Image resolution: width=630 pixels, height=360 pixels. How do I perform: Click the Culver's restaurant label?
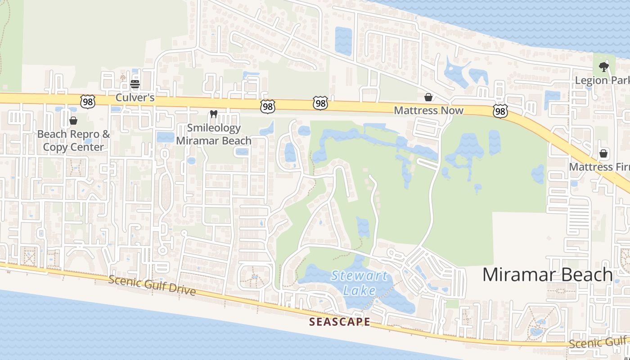coord(135,97)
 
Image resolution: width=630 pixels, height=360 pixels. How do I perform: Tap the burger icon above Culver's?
coord(135,84)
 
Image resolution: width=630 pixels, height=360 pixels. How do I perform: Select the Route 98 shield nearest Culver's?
coord(88,102)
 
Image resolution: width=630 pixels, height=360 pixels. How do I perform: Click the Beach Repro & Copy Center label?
coord(73,140)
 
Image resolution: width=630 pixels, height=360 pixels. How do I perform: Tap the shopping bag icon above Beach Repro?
coord(73,121)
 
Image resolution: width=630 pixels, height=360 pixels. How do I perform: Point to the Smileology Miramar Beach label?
coord(214,134)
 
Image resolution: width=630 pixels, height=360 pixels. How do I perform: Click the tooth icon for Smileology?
coord(214,114)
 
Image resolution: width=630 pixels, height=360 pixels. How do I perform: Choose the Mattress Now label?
coord(428,110)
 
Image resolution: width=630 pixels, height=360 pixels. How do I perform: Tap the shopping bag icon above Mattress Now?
coord(428,97)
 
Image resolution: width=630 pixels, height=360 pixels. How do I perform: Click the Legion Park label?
coord(602,81)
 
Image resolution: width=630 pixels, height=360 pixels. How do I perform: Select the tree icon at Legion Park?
coord(603,67)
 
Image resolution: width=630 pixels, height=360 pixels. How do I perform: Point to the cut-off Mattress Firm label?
coord(599,167)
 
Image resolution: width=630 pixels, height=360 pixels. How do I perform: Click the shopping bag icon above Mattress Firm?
coord(603,154)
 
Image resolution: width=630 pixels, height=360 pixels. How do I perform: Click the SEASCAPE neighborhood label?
coord(340,322)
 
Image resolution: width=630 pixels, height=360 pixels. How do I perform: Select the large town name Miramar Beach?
coord(548,274)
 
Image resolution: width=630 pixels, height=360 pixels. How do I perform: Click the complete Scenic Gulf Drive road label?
coord(152,286)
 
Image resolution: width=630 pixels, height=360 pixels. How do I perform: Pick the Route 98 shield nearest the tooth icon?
coord(267,106)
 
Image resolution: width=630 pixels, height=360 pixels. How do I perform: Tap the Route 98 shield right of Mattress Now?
coord(500,111)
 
